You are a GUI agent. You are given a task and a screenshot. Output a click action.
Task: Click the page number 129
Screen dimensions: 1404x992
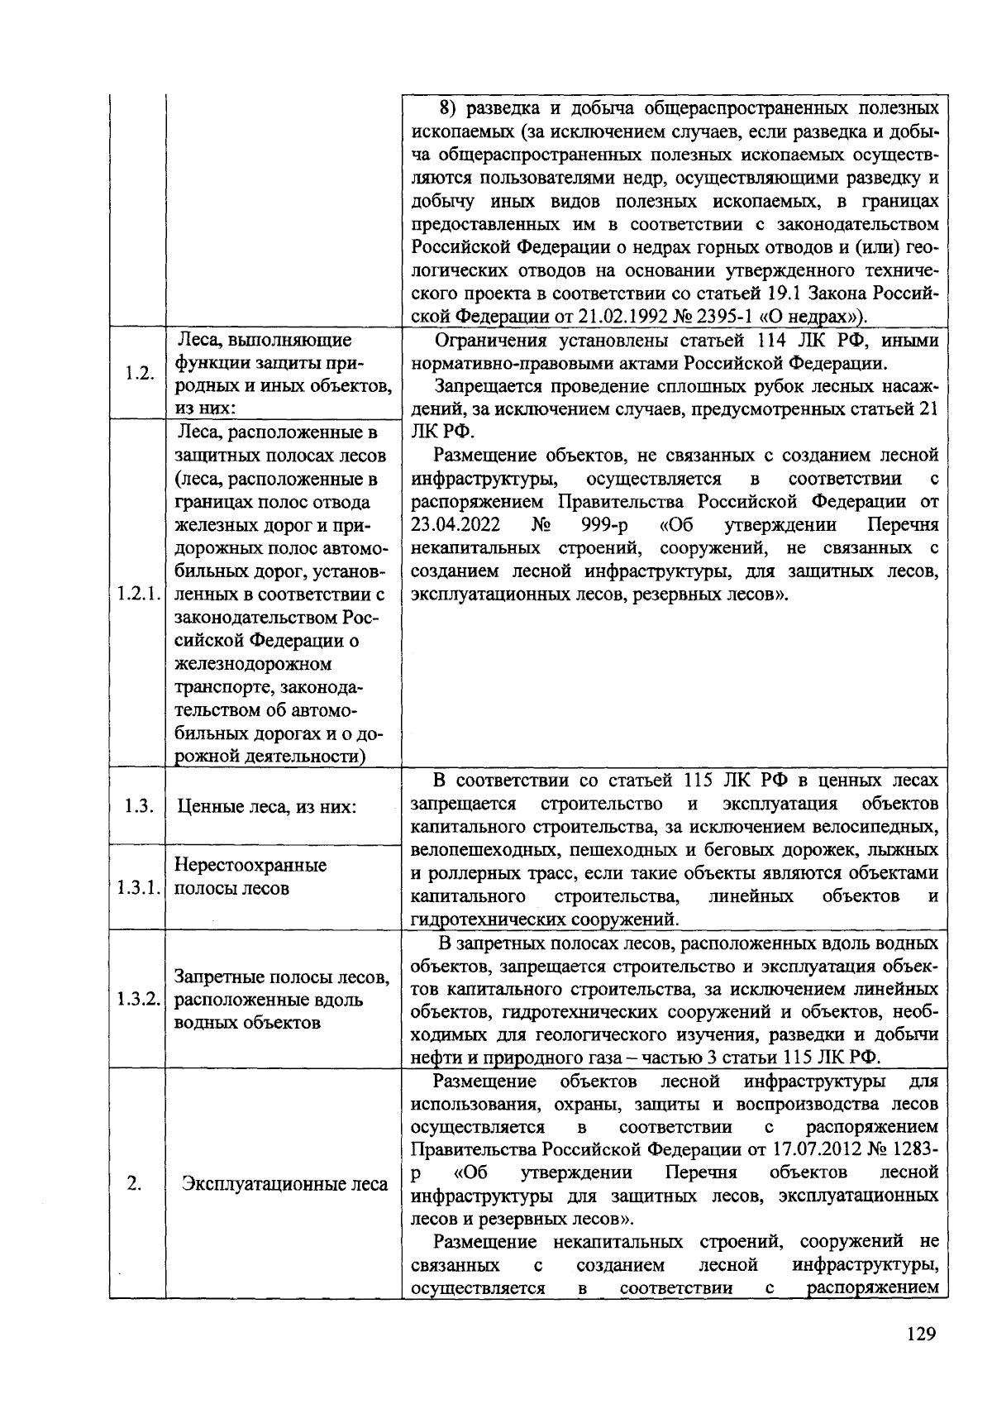click(x=920, y=1334)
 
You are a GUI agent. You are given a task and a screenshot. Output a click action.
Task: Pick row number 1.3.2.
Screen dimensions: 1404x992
click(x=138, y=999)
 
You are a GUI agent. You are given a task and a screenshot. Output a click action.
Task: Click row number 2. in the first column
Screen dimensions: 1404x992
click(x=135, y=1184)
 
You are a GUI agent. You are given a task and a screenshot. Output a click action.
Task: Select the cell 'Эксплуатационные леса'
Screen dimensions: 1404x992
click(x=285, y=1184)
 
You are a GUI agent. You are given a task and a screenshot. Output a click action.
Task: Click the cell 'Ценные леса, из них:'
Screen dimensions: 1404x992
click(x=265, y=806)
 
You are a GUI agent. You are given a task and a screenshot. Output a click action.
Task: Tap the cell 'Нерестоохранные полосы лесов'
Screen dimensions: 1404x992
click(x=250, y=876)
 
